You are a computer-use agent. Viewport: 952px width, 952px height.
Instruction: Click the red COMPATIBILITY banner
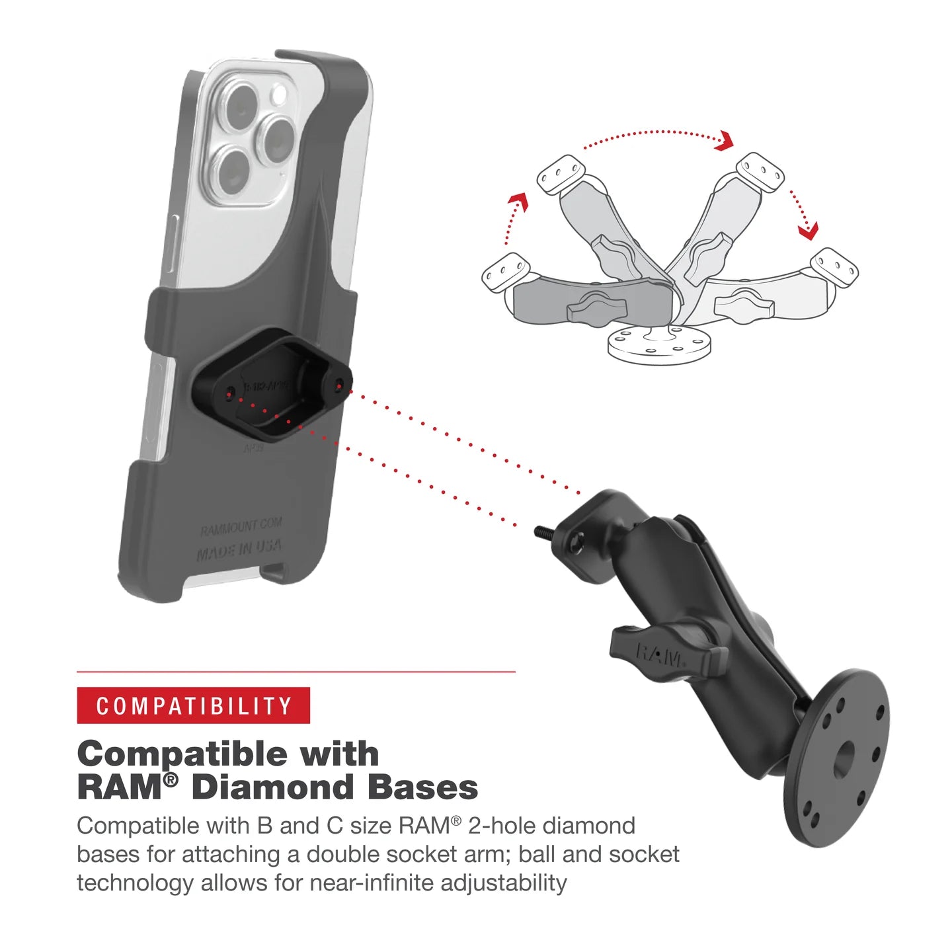(193, 705)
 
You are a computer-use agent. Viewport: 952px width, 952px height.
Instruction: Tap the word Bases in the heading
(422, 787)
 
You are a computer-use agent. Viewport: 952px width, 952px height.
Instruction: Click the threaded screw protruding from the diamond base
(543, 531)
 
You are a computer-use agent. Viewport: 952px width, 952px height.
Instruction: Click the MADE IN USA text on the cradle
(239, 549)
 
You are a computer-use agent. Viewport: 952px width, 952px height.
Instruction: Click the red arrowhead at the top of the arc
(725, 141)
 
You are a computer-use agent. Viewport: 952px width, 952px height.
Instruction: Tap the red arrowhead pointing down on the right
(808, 230)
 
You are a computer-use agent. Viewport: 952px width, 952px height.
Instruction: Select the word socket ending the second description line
(644, 854)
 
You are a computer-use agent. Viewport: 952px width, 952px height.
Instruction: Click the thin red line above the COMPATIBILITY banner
(296, 672)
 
